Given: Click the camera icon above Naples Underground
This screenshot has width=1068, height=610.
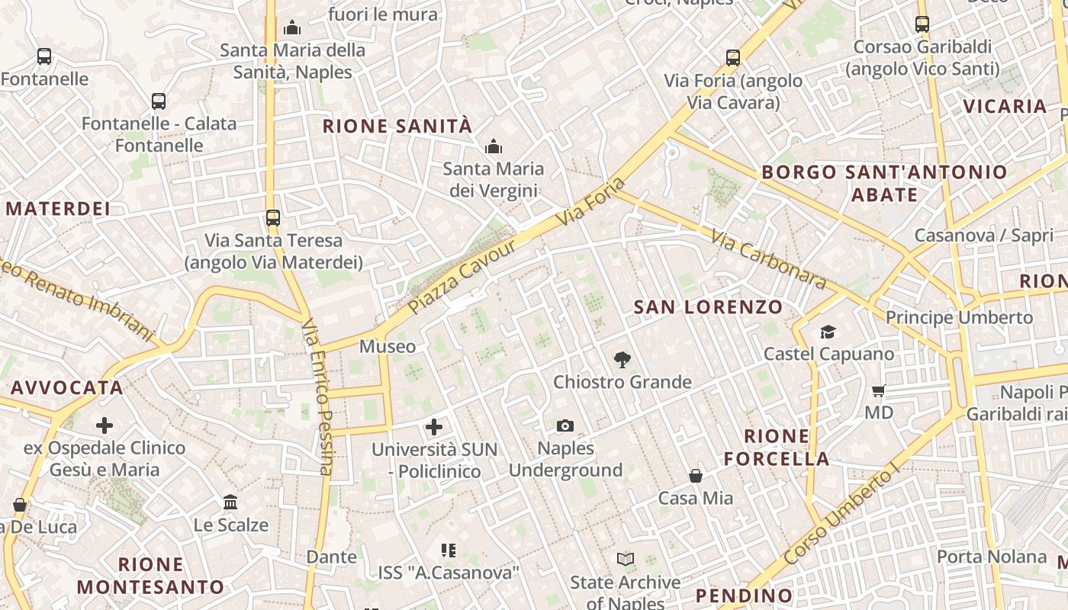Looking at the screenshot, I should [x=565, y=425].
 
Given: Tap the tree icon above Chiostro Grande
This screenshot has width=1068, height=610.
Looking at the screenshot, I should [x=622, y=359].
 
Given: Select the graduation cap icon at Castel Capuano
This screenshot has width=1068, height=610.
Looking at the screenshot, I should [x=828, y=332].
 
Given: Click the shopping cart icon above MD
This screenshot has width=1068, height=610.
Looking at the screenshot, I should [x=879, y=391].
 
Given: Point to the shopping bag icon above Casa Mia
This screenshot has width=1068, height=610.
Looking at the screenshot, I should [x=696, y=476].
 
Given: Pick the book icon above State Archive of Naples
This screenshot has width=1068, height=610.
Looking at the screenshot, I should [x=626, y=560].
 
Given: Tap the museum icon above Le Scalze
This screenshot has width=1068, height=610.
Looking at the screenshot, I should [x=230, y=502].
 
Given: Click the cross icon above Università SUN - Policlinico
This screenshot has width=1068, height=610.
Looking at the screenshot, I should [x=434, y=427].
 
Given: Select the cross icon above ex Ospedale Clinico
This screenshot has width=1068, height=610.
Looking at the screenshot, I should [x=105, y=425].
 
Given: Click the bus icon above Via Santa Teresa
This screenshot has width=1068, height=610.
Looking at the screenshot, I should [x=273, y=218].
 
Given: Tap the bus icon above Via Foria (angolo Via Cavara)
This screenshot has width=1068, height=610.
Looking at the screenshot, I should [x=733, y=58].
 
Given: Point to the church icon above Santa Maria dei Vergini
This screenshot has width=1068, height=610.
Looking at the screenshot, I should [x=494, y=146].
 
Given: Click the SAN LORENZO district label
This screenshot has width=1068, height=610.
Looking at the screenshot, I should [x=709, y=307].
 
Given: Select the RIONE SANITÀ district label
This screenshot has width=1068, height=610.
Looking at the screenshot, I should [x=397, y=127].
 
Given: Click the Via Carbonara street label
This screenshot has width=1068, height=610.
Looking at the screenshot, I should [x=768, y=260].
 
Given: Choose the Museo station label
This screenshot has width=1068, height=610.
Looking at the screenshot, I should [x=388, y=347].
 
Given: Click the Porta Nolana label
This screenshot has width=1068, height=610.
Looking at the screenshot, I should [x=992, y=557].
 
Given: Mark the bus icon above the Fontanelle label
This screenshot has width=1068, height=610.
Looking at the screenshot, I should [x=44, y=56].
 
